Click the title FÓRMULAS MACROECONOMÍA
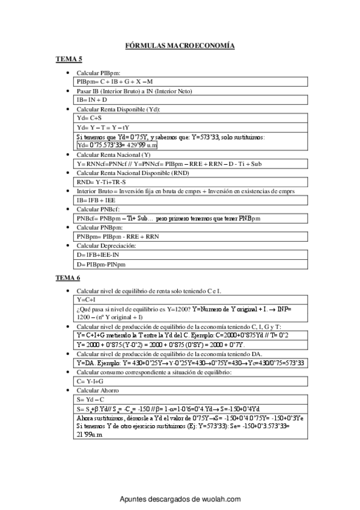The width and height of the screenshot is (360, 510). coord(179,46)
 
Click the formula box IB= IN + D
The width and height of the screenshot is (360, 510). coord(91,99)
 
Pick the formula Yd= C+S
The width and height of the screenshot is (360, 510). coord(90,118)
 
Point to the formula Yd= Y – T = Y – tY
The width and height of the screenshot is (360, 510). coord(103,127)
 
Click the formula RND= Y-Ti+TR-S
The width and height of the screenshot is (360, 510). coord(101,182)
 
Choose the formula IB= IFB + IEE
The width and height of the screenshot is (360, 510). coord(95,200)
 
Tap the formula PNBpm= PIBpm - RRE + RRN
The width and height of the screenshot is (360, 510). coord(118,236)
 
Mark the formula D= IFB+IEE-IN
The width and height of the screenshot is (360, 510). coord(98,255)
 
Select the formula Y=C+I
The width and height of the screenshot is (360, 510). coord(87,299)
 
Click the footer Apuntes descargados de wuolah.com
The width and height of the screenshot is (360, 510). coord(180,499)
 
